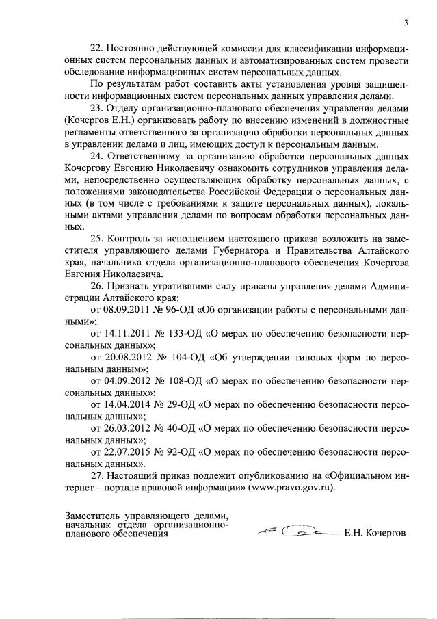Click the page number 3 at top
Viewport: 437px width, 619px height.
pyautogui.click(x=406, y=23)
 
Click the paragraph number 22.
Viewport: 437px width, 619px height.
pyautogui.click(x=96, y=50)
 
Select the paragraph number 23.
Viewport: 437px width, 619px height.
pyautogui.click(x=96, y=108)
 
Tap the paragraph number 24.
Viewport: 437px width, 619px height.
pyautogui.click(x=96, y=155)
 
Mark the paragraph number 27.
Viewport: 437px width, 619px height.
pyautogui.click(x=96, y=475)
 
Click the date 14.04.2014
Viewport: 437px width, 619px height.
pyautogui.click(x=125, y=404)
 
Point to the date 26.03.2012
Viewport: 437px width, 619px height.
pyautogui.click(x=125, y=428)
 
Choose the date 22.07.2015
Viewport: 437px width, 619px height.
pyautogui.click(x=125, y=451)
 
